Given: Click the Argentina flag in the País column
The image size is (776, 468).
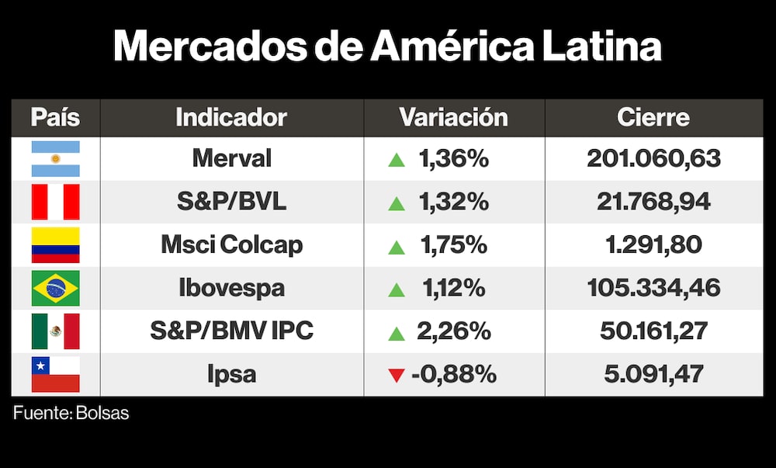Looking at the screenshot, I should pyautogui.click(x=55, y=158).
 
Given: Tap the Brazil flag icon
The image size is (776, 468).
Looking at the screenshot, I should pyautogui.click(x=55, y=288).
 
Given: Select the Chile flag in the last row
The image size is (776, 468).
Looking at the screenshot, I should pyautogui.click(x=55, y=374).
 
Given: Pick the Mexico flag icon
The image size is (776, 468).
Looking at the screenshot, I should pyautogui.click(x=55, y=331).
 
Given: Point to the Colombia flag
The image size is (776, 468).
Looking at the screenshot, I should pyautogui.click(x=55, y=245).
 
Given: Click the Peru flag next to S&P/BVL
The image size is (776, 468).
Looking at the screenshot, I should pyautogui.click(x=55, y=202).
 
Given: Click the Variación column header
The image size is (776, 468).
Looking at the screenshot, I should pyautogui.click(x=453, y=117).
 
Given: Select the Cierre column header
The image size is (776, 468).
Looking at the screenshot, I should pyautogui.click(x=653, y=117).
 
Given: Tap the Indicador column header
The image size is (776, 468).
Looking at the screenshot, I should pyautogui.click(x=231, y=117).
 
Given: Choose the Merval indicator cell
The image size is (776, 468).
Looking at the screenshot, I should pyautogui.click(x=231, y=158).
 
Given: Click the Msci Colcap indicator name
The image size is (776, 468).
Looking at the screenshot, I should pyautogui.click(x=231, y=245).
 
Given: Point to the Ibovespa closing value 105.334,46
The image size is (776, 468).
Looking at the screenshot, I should pyautogui.click(x=653, y=288).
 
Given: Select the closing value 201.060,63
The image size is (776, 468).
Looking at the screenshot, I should pyautogui.click(x=653, y=158).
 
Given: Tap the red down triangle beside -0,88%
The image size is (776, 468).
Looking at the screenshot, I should pyautogui.click(x=397, y=376).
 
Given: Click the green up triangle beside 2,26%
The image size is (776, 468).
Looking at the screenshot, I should pyautogui.click(x=397, y=333).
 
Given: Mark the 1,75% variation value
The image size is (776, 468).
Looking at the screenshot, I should pyautogui.click(x=453, y=245).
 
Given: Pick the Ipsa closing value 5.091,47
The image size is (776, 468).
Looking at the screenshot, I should pyautogui.click(x=653, y=374).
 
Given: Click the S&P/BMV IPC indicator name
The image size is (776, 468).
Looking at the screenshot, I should pyautogui.click(x=231, y=331).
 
